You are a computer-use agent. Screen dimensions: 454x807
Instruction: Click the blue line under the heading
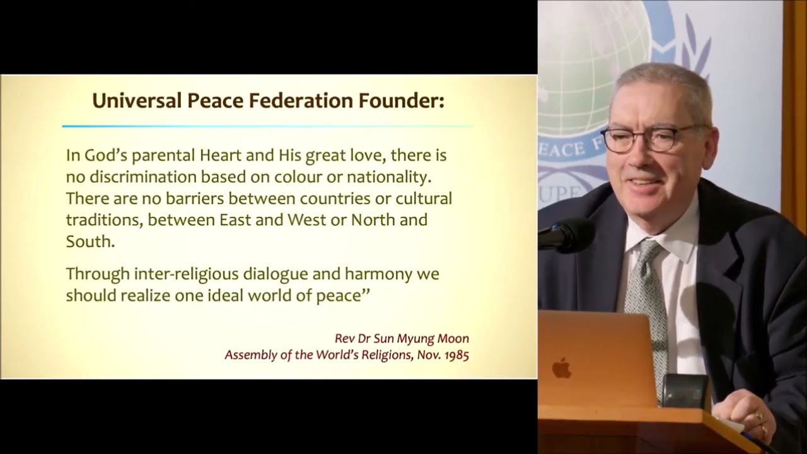[x=268, y=127]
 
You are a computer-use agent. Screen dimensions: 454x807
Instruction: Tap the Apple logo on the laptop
[x=561, y=368]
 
